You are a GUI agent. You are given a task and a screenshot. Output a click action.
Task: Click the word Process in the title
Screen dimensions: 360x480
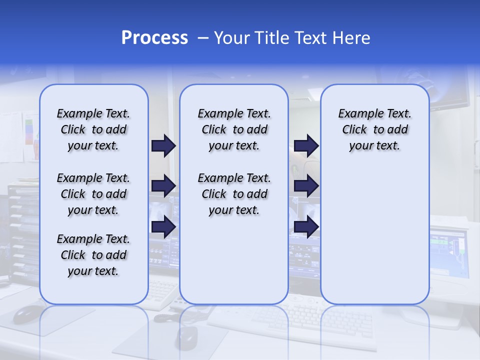click(x=154, y=38)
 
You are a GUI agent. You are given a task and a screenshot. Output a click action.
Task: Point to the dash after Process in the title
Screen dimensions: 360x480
click(x=203, y=38)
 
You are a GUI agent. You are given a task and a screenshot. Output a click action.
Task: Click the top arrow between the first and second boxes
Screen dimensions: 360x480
click(x=163, y=146)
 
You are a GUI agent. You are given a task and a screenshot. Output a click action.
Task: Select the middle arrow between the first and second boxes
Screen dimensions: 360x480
click(x=163, y=186)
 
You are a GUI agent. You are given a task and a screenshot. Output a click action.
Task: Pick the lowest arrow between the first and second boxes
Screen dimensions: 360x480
click(x=163, y=227)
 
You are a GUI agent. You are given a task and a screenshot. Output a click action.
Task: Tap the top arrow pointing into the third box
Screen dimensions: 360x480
click(x=306, y=146)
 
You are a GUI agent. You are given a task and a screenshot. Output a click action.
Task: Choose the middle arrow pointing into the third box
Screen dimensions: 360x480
click(x=306, y=186)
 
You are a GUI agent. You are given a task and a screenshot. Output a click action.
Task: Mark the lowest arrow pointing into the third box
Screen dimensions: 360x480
click(x=306, y=227)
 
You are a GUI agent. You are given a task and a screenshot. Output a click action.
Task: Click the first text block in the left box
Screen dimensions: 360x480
click(x=93, y=129)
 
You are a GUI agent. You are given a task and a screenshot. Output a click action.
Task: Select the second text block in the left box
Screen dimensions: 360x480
click(x=93, y=194)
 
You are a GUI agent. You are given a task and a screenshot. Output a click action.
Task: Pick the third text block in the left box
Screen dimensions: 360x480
click(x=93, y=255)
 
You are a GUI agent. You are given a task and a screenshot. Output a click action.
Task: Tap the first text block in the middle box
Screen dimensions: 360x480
click(x=234, y=129)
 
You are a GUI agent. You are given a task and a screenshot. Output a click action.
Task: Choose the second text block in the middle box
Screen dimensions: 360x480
click(x=234, y=194)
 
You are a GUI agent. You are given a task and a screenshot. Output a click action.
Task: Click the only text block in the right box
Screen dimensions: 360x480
click(x=374, y=129)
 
